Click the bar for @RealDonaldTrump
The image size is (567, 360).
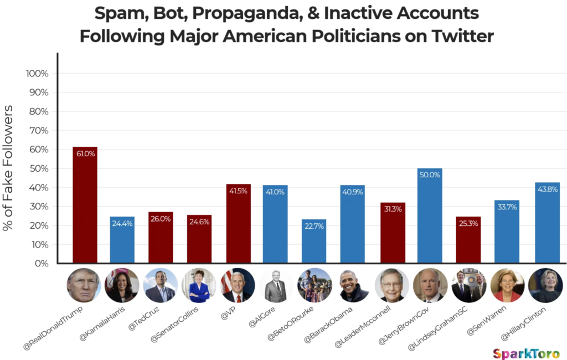85,205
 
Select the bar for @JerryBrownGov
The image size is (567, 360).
430,216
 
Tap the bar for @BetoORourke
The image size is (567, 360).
314,241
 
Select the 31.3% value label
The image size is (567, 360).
393,209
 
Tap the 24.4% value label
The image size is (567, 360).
122,225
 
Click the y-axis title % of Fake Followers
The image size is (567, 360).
9,168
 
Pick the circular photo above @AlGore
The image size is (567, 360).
275,285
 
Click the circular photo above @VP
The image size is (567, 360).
238,285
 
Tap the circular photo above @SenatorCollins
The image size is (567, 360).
199,285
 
